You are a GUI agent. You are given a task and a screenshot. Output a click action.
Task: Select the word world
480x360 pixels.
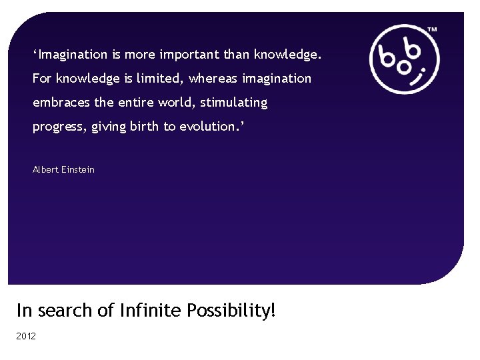point(173,103)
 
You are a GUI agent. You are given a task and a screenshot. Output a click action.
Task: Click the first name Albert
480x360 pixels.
point(46,169)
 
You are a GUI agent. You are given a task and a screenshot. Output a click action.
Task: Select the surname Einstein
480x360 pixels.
point(79,169)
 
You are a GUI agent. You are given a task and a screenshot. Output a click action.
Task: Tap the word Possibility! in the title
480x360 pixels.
point(231,311)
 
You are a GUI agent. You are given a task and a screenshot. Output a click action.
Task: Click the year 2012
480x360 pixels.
point(26,336)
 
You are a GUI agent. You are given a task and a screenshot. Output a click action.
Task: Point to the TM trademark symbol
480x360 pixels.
point(432,30)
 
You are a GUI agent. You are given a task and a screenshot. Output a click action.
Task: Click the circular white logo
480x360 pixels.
point(404,59)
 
